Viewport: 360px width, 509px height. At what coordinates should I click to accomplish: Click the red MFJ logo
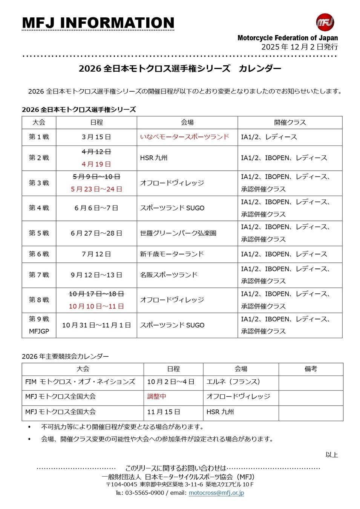point(325,22)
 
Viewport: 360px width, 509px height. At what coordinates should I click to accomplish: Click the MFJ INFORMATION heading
point(98,23)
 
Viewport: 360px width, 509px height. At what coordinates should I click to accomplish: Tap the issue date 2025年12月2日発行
point(299,47)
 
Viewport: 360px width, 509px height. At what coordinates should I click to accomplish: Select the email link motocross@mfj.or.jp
point(216,493)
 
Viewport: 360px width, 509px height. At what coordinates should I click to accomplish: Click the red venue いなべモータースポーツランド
point(184,137)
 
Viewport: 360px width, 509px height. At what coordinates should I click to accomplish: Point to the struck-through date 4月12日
point(96,152)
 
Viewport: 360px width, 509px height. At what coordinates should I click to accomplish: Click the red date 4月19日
point(96,164)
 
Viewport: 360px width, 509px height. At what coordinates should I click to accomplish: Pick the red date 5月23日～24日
point(96,189)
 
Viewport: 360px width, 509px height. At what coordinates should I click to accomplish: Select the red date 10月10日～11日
point(96,306)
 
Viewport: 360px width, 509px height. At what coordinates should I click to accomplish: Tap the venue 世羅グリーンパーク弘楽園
point(178,233)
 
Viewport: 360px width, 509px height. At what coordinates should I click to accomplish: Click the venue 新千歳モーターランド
point(172,254)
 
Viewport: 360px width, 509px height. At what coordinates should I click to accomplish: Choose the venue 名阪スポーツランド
point(169,275)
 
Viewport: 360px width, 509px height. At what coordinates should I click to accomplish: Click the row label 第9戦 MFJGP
point(39,325)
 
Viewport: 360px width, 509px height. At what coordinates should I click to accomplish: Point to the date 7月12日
point(96,254)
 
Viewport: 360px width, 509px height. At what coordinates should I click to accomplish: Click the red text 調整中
point(156,396)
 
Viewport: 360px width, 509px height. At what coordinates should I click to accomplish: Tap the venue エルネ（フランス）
point(233,382)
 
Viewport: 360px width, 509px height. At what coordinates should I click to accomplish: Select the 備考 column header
point(311,369)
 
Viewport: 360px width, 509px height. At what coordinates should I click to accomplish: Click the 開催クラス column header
point(290,122)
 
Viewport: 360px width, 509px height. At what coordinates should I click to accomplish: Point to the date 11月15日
point(163,412)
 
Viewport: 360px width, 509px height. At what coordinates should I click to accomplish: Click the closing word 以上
point(331,455)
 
